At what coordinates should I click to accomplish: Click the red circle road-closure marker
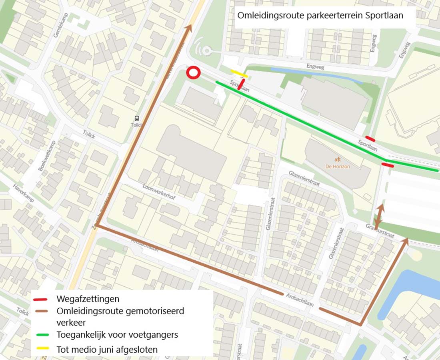click(194, 73)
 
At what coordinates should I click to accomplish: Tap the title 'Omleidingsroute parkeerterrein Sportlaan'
click(320, 16)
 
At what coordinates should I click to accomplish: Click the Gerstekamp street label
click(58, 25)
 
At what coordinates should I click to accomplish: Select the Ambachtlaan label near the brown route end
click(300, 300)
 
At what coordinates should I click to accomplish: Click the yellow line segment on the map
click(239, 73)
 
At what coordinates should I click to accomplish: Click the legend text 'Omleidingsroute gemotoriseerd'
click(120, 311)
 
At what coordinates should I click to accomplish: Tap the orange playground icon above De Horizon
click(338, 159)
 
